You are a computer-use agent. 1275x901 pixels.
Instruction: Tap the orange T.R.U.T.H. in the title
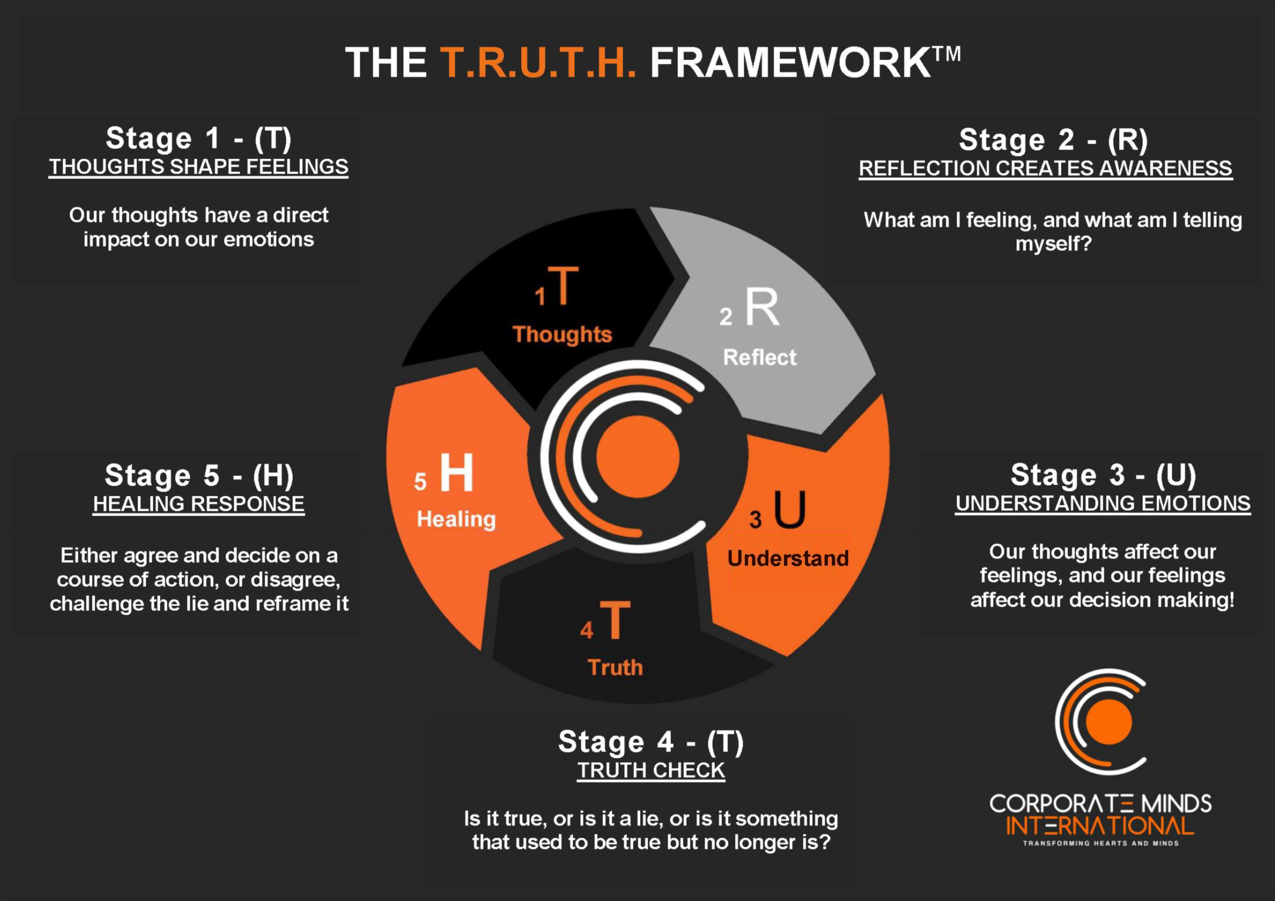(538, 62)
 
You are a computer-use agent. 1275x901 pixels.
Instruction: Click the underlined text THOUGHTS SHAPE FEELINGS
(198, 167)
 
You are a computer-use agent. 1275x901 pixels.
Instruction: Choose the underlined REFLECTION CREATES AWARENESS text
(1045, 168)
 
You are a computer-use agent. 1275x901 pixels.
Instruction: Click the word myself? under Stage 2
(1054, 243)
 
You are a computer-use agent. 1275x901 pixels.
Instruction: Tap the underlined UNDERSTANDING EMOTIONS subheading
(1102, 503)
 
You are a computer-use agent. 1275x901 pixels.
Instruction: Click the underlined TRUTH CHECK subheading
(651, 770)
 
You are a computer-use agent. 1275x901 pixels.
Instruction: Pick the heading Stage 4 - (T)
(651, 742)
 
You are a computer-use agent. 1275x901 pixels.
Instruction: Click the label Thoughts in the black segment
(562, 334)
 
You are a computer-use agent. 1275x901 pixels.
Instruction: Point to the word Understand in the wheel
(788, 558)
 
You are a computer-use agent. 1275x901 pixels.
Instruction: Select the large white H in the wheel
(456, 473)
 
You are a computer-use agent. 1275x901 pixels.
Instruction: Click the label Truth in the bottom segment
(615, 667)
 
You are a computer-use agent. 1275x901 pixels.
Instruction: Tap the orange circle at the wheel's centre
(637, 456)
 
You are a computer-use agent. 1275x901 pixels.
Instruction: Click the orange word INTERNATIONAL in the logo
(1100, 826)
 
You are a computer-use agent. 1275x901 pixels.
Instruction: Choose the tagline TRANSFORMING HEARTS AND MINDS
(1101, 843)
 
